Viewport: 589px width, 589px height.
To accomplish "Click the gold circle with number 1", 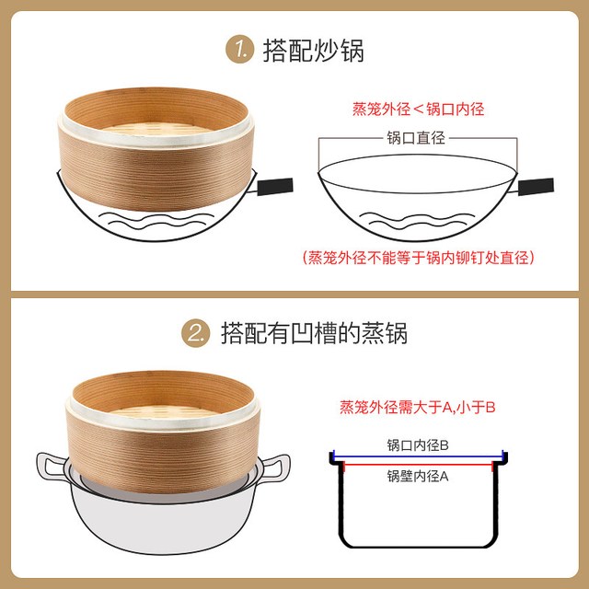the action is (239, 49).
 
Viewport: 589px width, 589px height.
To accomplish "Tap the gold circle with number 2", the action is (196, 333).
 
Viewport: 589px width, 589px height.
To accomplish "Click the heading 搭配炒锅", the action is (313, 50).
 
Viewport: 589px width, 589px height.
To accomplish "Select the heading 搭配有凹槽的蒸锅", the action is (314, 333).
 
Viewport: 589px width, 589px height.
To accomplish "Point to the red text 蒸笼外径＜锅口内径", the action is (418, 109).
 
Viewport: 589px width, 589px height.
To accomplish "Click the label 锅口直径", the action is (416, 138).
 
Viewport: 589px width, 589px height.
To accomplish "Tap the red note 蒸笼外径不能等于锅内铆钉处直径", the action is (418, 258).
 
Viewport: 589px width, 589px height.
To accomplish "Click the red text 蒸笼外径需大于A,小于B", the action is (417, 407).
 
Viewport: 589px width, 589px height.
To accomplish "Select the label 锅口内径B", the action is (418, 445).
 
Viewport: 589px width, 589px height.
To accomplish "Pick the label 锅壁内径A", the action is (418, 476).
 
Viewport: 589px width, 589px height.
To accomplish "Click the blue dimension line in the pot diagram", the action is (418, 456).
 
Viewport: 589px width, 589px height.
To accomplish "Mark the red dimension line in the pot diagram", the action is (418, 465).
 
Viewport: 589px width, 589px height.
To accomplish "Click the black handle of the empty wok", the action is (536, 186).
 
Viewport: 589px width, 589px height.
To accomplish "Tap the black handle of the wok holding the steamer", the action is (275, 187).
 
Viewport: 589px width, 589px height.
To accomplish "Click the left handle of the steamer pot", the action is (52, 467).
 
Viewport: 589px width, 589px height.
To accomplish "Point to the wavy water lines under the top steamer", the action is (156, 221).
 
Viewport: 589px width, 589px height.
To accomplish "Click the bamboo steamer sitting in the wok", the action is (156, 149).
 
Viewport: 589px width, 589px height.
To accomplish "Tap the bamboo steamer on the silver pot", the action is (163, 432).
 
